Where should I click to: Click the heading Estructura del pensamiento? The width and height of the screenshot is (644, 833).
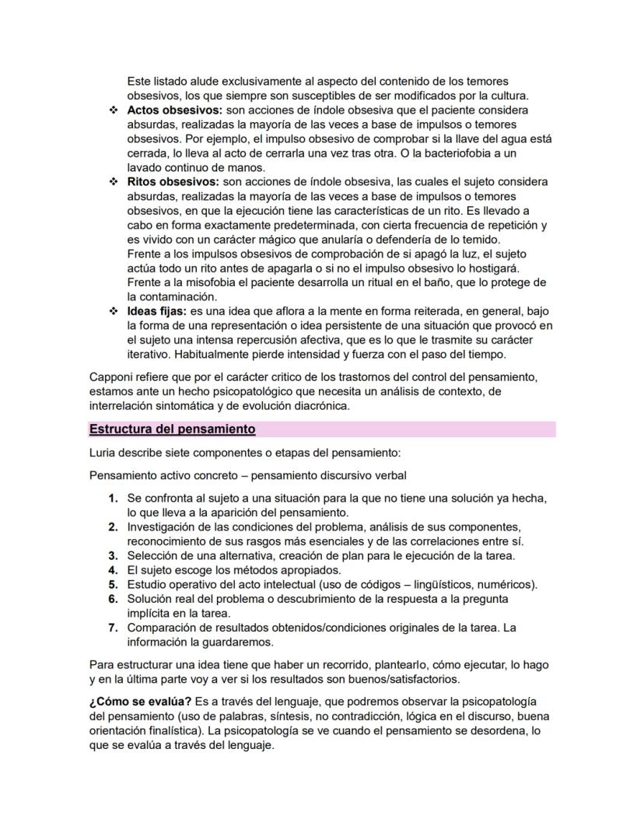click(x=172, y=429)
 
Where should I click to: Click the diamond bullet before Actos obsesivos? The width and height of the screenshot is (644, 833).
click(x=114, y=110)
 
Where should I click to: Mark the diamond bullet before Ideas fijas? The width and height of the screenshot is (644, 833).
click(x=114, y=311)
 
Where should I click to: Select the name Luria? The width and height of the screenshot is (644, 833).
click(x=104, y=453)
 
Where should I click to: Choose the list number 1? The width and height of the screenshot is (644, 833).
click(x=114, y=498)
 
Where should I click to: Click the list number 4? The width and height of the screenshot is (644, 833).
click(x=114, y=570)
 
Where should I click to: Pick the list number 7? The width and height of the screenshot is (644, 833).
click(x=114, y=628)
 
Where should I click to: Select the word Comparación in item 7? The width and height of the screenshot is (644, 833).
click(x=164, y=628)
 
